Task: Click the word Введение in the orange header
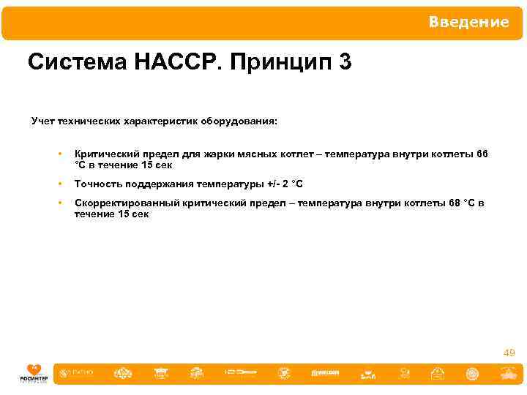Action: point(468,22)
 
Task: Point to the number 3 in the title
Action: point(345,63)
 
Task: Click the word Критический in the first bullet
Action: point(103,154)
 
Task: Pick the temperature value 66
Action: point(481,154)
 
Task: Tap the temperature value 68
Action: point(454,203)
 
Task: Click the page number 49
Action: point(509,353)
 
